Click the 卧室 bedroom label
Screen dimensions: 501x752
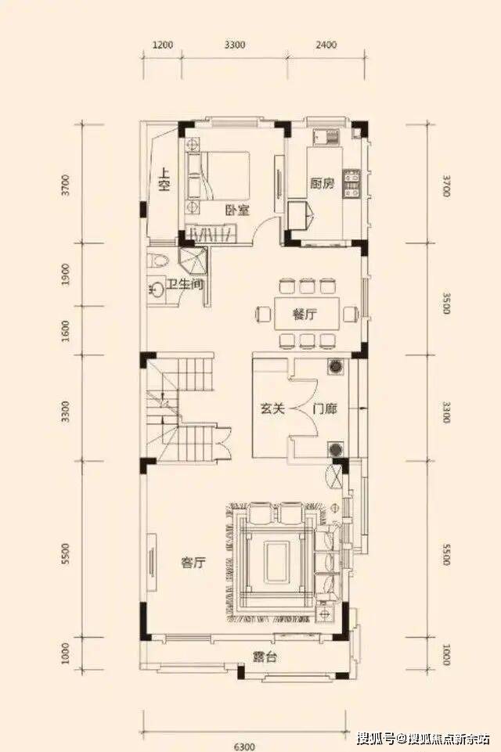click(x=237, y=210)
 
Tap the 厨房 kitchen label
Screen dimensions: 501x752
click(x=322, y=183)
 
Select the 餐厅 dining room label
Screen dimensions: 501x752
click(x=305, y=315)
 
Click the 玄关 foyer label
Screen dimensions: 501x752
click(x=272, y=408)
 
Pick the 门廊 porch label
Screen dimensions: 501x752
click(x=324, y=409)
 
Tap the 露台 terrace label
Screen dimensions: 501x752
click(x=265, y=657)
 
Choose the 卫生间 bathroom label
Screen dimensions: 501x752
click(x=185, y=284)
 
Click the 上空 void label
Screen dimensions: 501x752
click(x=164, y=180)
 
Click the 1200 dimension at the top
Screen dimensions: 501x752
click(x=163, y=45)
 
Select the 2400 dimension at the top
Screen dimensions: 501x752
click(x=326, y=45)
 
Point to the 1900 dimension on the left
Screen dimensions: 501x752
click(x=67, y=275)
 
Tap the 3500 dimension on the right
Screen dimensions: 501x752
click(x=446, y=303)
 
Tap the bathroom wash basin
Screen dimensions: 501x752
click(x=155, y=290)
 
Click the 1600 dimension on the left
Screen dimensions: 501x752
click(x=67, y=331)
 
